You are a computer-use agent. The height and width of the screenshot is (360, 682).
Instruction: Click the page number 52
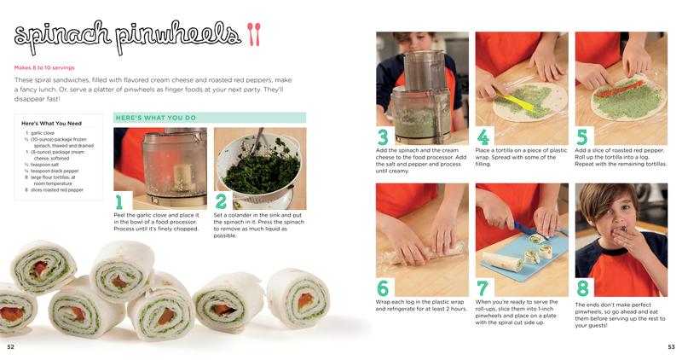tap(10, 346)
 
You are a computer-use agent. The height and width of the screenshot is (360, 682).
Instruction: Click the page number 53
tap(671, 346)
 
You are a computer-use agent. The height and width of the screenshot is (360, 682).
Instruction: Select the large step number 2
tap(221, 200)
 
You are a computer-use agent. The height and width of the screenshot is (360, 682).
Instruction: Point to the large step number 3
tap(383, 136)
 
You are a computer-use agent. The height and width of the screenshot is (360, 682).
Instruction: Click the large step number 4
tap(483, 136)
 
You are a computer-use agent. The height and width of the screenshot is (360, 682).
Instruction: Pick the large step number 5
tap(582, 136)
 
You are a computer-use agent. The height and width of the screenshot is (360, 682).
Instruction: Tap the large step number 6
tap(383, 287)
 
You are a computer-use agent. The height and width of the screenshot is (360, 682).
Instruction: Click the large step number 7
tap(483, 287)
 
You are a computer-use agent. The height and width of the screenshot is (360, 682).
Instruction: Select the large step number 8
tap(582, 287)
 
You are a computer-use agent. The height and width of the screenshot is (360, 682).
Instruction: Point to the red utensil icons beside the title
tap(255, 33)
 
